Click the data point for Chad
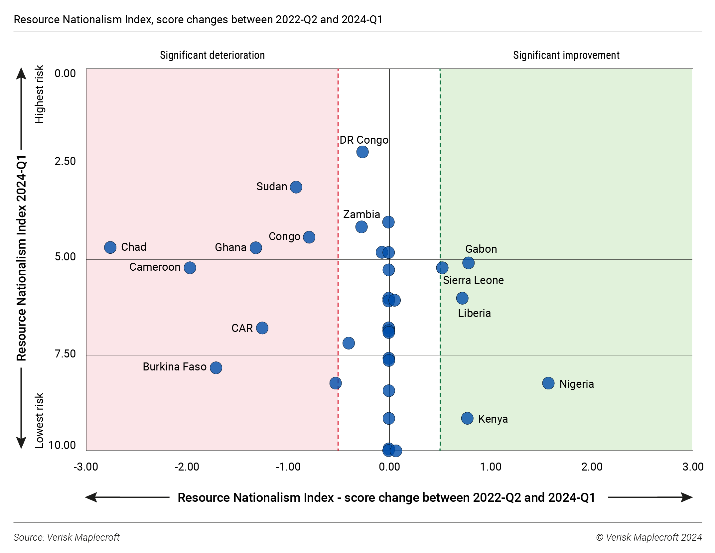110,247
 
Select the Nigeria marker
548,383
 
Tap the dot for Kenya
467,418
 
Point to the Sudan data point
296,187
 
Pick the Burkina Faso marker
216,367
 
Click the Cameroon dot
190,267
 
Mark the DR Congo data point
362,152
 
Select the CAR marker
262,328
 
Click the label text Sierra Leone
473,280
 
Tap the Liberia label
474,313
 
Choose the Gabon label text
481,249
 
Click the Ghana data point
255,247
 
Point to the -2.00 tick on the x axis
187,467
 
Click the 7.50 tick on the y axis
65,354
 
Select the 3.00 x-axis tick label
692,467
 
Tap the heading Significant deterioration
212,55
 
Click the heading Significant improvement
566,55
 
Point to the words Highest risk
39,94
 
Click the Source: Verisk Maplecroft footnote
67,537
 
